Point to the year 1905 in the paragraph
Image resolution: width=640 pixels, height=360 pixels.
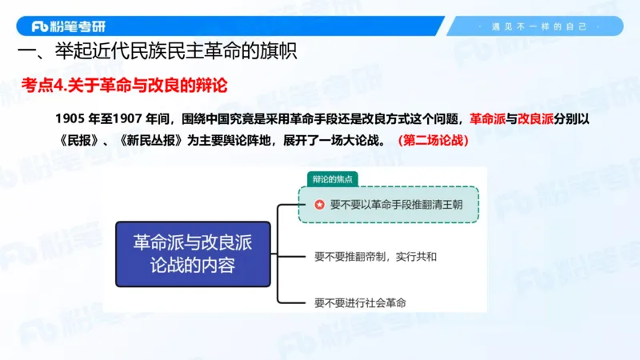click(x=70, y=119)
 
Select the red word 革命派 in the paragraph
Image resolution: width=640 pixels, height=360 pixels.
click(x=487, y=119)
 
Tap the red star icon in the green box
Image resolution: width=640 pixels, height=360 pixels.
click(x=319, y=205)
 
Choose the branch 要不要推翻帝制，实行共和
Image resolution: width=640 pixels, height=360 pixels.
click(x=376, y=258)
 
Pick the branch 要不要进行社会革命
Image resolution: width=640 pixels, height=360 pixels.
click(x=360, y=302)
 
